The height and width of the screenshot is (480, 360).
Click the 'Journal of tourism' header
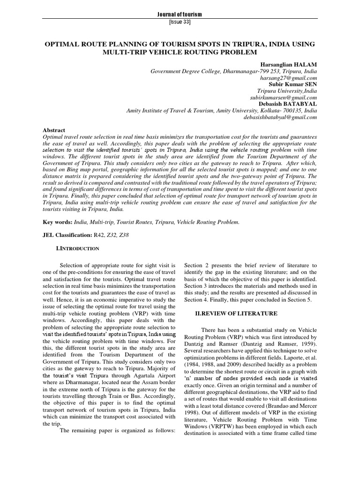(x=180, y=15)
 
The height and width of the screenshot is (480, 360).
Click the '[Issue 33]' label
(x=180, y=22)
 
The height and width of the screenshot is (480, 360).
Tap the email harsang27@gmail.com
(x=290, y=77)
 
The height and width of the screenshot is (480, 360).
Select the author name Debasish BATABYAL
(x=288, y=104)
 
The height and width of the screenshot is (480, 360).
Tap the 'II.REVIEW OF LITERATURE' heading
(x=236, y=313)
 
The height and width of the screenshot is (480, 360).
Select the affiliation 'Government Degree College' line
(x=233, y=71)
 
